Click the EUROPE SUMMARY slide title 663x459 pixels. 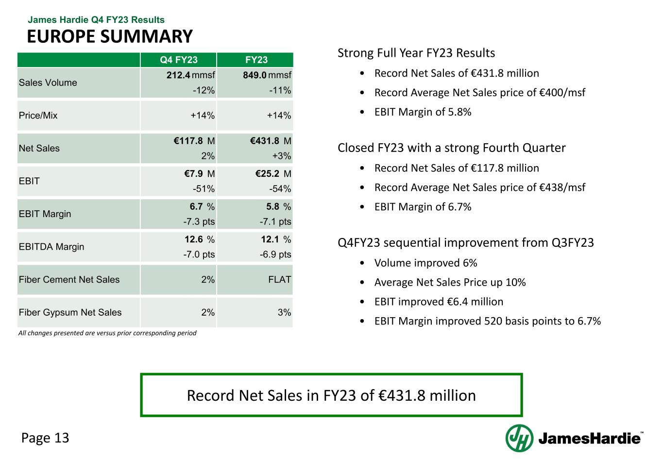(109, 36)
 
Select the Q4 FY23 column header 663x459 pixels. (179, 60)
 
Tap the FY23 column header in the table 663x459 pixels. (256, 60)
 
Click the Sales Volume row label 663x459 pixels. (48, 83)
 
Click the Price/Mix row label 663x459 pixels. (38, 116)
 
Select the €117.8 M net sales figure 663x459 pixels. (194, 141)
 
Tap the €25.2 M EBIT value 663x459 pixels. (271, 174)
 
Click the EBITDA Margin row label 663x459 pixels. (51, 247)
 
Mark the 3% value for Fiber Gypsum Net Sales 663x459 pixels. (284, 312)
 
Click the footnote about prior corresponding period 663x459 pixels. (107, 333)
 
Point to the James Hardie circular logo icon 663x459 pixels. (519, 438)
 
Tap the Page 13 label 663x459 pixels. (46, 438)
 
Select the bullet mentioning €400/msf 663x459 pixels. (479, 92)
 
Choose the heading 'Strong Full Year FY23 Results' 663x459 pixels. (416, 53)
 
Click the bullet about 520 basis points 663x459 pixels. (487, 321)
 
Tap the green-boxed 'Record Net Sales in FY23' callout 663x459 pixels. (331, 395)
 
